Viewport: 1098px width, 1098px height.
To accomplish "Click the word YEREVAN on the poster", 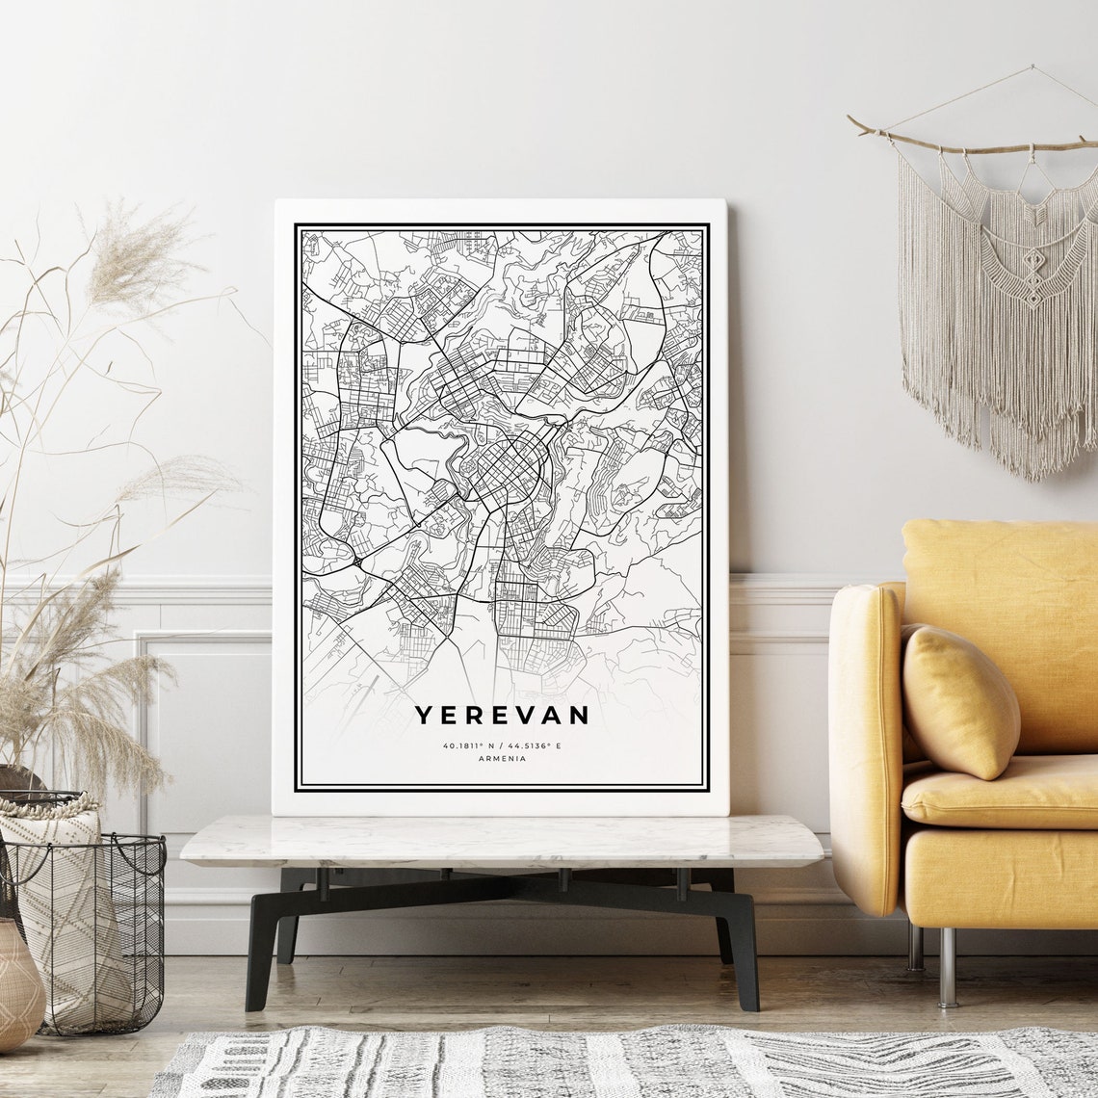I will tap(501, 715).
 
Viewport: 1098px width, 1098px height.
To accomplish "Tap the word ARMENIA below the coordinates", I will tap(501, 759).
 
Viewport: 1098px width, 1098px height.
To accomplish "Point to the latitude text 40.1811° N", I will tap(469, 745).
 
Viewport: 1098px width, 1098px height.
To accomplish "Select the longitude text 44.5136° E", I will tap(535, 745).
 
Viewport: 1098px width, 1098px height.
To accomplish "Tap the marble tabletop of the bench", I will tap(501, 840).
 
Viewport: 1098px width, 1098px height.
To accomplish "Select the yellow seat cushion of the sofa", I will tap(1002, 792).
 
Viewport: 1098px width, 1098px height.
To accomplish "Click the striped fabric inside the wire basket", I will tap(67, 925).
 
